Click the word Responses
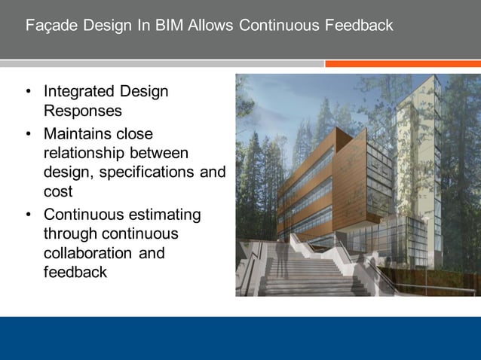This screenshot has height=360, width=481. (82, 111)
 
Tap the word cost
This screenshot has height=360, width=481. (58, 191)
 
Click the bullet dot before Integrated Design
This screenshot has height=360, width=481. (28, 93)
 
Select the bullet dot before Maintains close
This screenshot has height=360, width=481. (28, 136)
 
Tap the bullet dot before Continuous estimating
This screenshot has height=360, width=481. (28, 216)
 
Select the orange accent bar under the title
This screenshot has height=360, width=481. (403, 64)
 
